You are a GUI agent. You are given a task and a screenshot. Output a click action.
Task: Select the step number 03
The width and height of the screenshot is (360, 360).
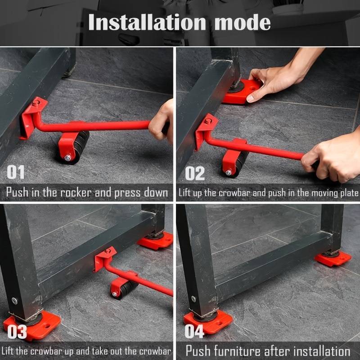click(x=17, y=332)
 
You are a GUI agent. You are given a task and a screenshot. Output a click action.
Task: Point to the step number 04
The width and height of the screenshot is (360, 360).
click(x=195, y=332)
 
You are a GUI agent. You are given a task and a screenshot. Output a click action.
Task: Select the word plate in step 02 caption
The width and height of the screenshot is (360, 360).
click(x=348, y=193)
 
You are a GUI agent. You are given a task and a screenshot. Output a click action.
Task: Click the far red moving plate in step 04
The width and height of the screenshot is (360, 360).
click(x=333, y=258)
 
